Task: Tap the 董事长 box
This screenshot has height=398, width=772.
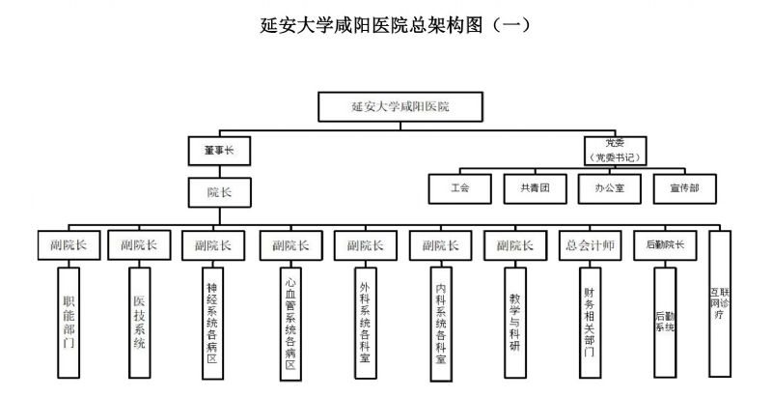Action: pos(219,152)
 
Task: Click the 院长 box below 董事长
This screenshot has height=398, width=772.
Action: pos(219,191)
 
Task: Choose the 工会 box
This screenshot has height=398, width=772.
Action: pos(460,187)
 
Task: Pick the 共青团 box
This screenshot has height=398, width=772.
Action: pos(535,187)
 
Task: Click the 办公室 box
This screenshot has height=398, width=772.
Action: pos(610,187)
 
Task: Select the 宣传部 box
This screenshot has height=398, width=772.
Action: pos(684,187)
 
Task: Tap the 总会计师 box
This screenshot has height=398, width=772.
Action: pos(590,245)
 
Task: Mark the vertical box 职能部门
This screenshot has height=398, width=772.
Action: pos(67,322)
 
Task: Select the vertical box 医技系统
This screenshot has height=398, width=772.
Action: pos(138,322)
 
